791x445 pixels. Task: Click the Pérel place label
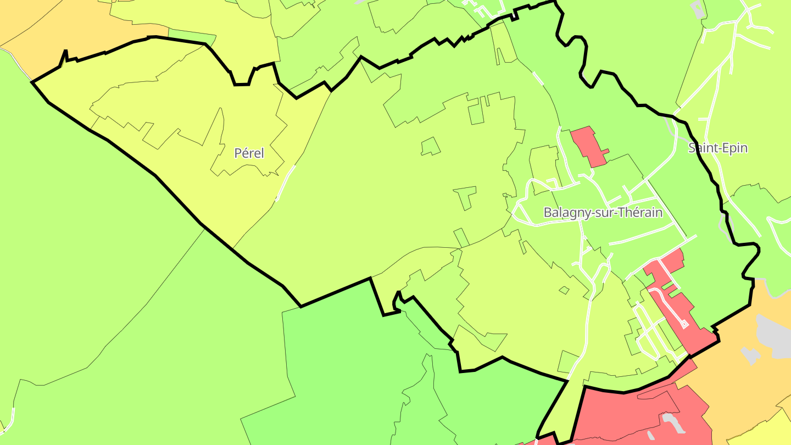[249, 153]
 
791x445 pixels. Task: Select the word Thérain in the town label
[642, 213]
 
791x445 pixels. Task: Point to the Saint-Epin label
[718, 148]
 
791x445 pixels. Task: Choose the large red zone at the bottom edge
[632, 418]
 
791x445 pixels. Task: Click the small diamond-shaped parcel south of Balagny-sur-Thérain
[564, 290]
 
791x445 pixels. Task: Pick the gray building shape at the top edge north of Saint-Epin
[698, 8]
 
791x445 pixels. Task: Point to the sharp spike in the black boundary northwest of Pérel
[65, 53]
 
